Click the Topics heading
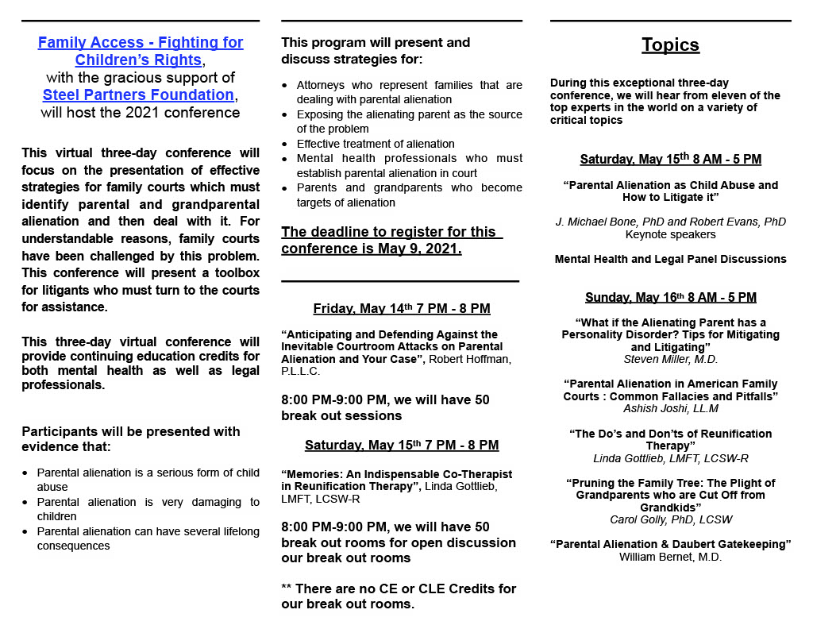coord(670,45)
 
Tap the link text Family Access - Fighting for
coord(141,43)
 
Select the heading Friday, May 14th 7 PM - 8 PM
coord(402,308)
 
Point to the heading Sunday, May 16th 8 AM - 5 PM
coord(670,298)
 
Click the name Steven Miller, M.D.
coord(670,359)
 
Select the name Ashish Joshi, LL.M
coord(670,408)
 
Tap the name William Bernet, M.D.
coord(670,557)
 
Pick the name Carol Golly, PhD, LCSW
coord(670,519)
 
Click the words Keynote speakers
coord(670,234)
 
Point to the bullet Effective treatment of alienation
coord(376,144)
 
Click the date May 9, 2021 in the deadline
coord(427,249)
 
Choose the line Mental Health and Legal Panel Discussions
coord(670,259)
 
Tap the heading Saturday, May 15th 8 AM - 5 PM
coord(670,160)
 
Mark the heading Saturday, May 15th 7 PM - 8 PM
coord(402,446)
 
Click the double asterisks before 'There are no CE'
coord(287,589)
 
